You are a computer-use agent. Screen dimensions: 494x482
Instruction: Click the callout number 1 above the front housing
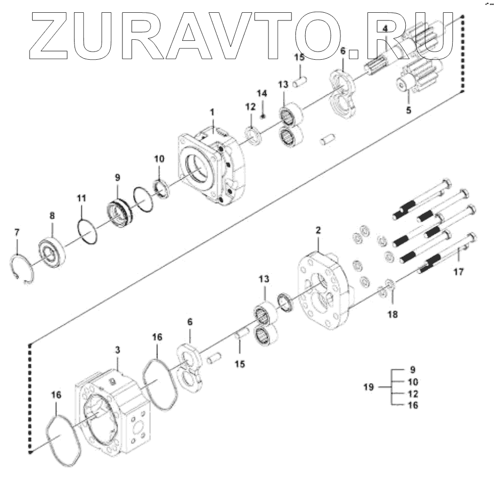click(x=212, y=111)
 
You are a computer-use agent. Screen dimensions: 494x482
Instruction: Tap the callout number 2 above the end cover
click(x=318, y=231)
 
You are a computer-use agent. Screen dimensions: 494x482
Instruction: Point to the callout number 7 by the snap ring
click(x=16, y=233)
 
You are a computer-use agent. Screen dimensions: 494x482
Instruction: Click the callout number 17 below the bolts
click(x=458, y=272)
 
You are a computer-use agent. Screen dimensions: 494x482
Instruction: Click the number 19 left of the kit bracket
click(x=369, y=387)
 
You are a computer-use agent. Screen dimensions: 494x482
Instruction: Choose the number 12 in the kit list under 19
click(x=413, y=394)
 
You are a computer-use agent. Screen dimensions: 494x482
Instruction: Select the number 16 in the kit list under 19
click(x=413, y=405)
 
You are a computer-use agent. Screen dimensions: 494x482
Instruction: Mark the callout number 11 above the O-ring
click(x=82, y=198)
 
